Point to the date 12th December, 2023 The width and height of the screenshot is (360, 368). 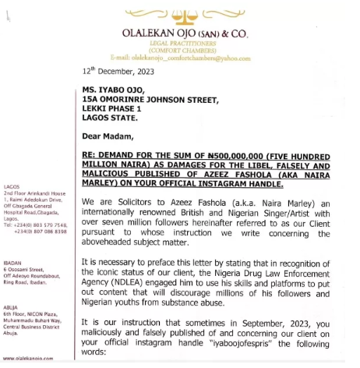(118, 71)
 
